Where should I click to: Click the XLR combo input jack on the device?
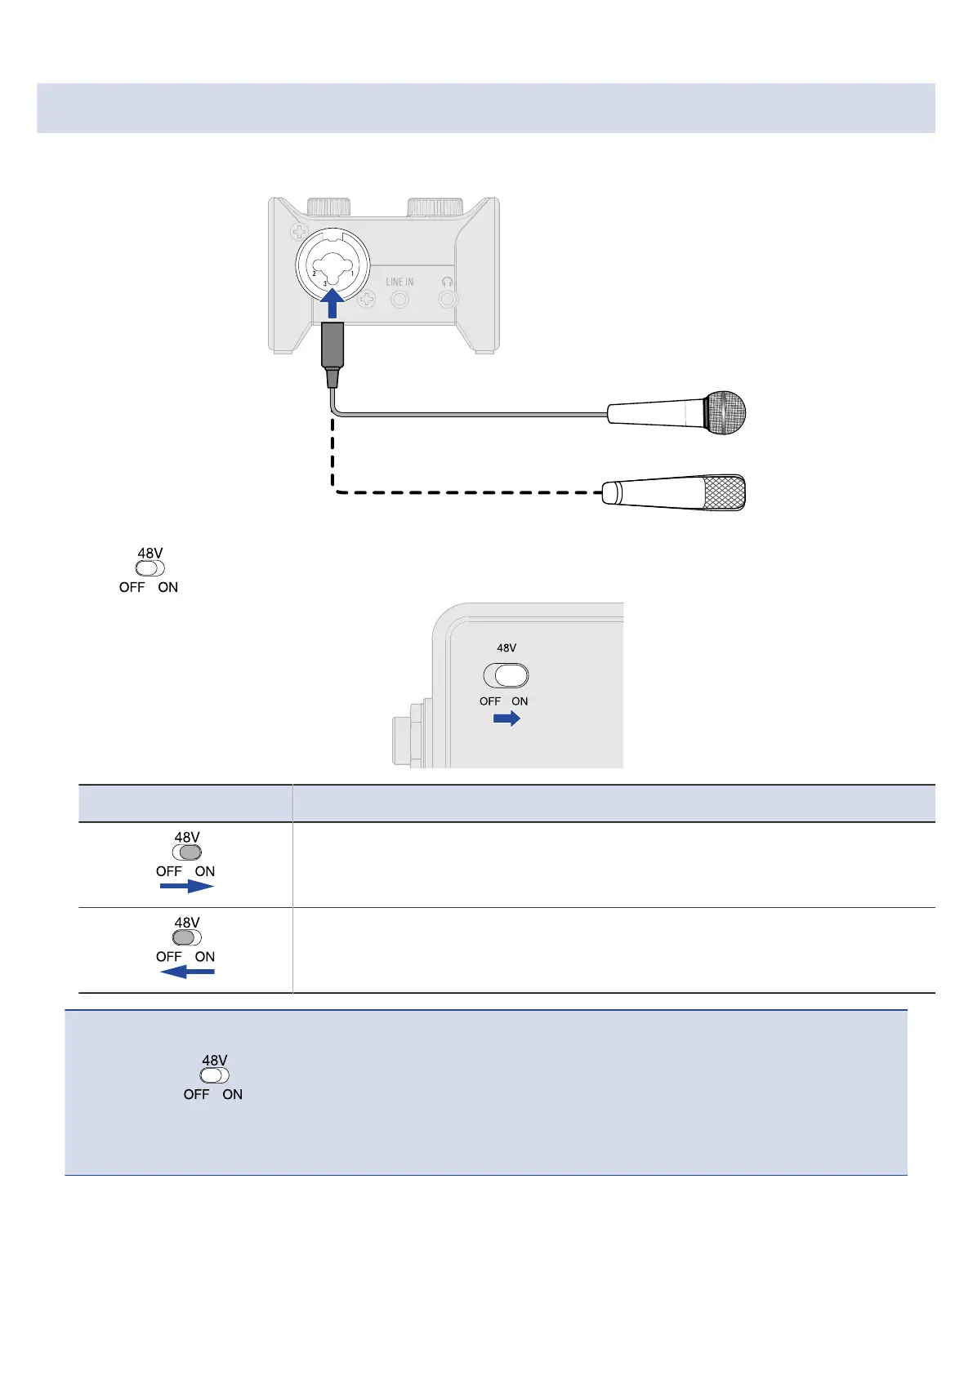pyautogui.click(x=333, y=265)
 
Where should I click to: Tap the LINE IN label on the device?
pyautogui.click(x=399, y=282)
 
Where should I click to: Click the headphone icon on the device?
pyautogui.click(x=447, y=281)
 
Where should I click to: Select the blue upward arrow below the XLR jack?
pyautogui.click(x=332, y=305)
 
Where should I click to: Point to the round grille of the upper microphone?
pyautogui.click(x=725, y=412)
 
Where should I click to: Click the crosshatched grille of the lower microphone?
pyautogui.click(x=723, y=493)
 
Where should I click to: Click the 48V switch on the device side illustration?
pyautogui.click(x=507, y=676)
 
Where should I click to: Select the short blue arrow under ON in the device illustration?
pyautogui.click(x=507, y=719)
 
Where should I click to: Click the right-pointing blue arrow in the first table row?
pyautogui.click(x=186, y=887)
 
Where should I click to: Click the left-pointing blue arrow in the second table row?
pyautogui.click(x=187, y=972)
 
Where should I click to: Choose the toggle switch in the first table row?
pyautogui.click(x=187, y=852)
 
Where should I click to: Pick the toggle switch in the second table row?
pyautogui.click(x=187, y=937)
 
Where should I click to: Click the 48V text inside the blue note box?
pyautogui.click(x=215, y=1061)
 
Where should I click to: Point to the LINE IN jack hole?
pyautogui.click(x=399, y=300)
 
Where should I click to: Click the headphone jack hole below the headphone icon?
pyautogui.click(x=447, y=300)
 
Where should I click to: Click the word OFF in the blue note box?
pyautogui.click(x=196, y=1094)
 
